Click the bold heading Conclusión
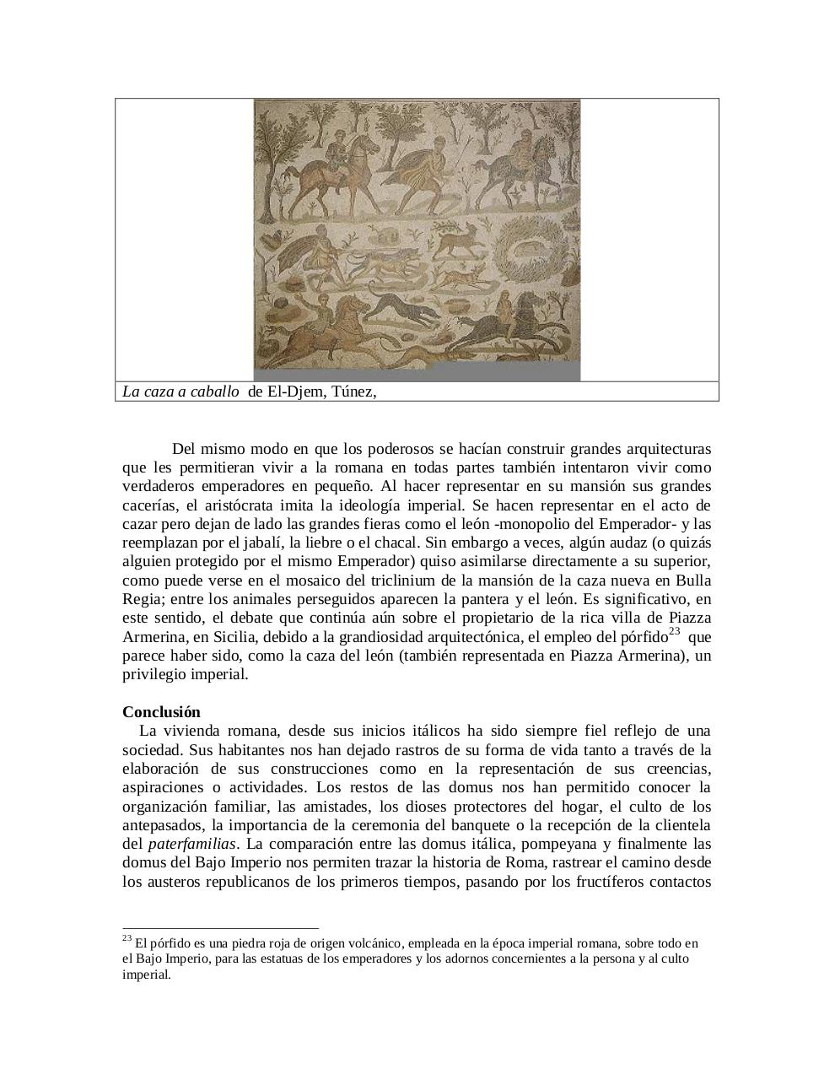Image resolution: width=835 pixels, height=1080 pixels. point(161,711)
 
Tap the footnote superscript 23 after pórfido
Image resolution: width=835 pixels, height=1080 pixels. point(675,632)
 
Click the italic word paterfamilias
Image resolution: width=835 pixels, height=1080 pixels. point(191,844)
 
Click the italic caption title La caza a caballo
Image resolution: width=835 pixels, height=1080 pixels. point(180,391)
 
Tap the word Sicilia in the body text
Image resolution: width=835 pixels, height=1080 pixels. point(221,637)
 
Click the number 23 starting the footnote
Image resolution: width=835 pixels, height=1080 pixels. point(127,938)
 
